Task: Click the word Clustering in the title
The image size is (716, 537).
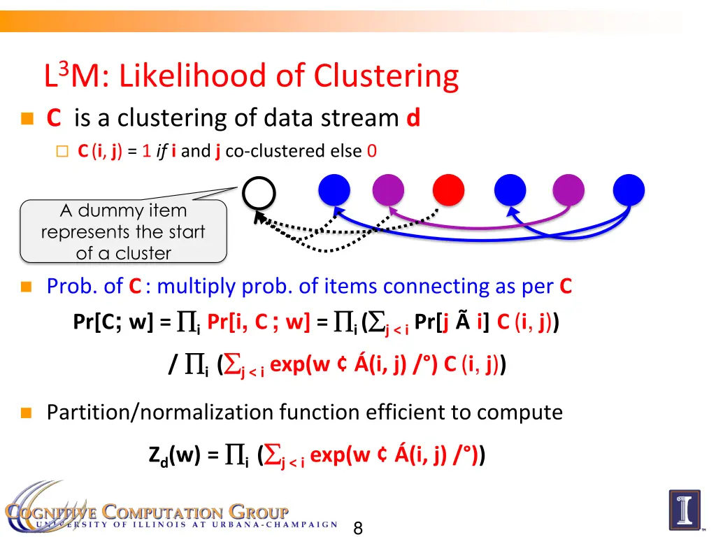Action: (386, 77)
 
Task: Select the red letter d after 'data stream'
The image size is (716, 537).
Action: (413, 118)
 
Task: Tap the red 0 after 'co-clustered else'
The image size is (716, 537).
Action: (371, 151)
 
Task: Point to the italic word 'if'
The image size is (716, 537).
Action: (161, 151)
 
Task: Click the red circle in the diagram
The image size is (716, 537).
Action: (450, 188)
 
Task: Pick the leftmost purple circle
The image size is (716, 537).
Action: (389, 188)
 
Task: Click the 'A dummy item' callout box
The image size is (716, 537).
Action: (123, 231)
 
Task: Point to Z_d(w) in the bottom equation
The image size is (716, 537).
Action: (174, 457)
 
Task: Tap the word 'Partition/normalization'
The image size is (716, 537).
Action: (160, 413)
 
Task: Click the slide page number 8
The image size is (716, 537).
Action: (358, 529)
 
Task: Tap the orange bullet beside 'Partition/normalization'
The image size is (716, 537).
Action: (27, 413)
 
